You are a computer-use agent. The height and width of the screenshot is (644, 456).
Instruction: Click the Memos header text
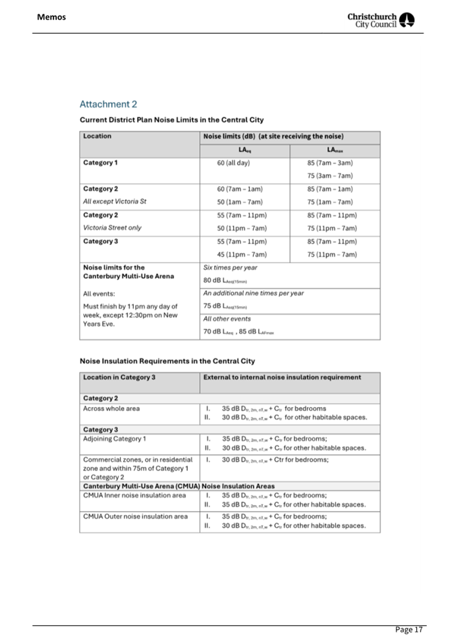tap(51, 17)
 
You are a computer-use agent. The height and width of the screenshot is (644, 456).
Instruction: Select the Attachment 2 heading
tap(108, 104)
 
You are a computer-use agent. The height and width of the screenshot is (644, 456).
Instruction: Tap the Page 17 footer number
tap(409, 629)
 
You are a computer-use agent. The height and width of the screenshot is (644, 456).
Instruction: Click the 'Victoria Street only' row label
tap(112, 227)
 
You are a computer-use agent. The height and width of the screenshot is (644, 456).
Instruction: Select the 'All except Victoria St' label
tap(114, 201)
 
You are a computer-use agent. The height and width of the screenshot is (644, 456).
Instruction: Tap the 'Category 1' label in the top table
tap(100, 163)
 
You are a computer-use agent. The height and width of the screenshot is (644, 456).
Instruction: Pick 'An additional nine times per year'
tap(253, 293)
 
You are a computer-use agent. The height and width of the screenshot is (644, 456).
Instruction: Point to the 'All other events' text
tap(227, 319)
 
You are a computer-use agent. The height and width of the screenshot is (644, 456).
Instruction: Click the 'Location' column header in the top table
tap(97, 136)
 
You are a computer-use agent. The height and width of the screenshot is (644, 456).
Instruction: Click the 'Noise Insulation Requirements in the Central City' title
tap(167, 360)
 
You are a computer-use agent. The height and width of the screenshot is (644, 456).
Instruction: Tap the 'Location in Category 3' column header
tap(119, 377)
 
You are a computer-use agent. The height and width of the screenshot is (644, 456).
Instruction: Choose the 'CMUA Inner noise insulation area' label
tap(134, 495)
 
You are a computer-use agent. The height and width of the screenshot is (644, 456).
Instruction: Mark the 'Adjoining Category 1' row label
tap(114, 439)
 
